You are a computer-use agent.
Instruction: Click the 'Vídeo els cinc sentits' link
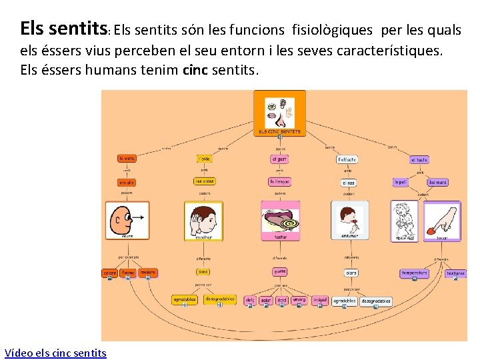(x=55, y=353)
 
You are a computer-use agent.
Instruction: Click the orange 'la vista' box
(x=127, y=159)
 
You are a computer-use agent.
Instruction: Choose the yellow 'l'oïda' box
(x=204, y=159)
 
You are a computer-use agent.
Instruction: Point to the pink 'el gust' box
(x=279, y=159)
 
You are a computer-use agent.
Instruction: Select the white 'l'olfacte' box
(x=347, y=160)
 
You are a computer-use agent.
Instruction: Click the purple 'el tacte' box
(x=419, y=160)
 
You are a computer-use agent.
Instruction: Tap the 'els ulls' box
(x=127, y=183)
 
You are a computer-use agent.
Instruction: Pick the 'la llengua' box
(x=279, y=181)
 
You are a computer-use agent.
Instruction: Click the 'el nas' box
(x=348, y=183)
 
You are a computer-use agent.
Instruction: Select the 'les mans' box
(x=437, y=182)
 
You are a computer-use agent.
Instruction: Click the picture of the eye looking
(x=127, y=219)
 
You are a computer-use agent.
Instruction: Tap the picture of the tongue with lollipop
(x=280, y=219)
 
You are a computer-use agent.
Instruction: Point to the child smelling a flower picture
(x=349, y=219)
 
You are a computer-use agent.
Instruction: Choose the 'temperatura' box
(x=414, y=273)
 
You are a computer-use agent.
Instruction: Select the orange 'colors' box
(x=109, y=273)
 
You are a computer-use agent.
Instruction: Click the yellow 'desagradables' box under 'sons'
(x=220, y=300)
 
